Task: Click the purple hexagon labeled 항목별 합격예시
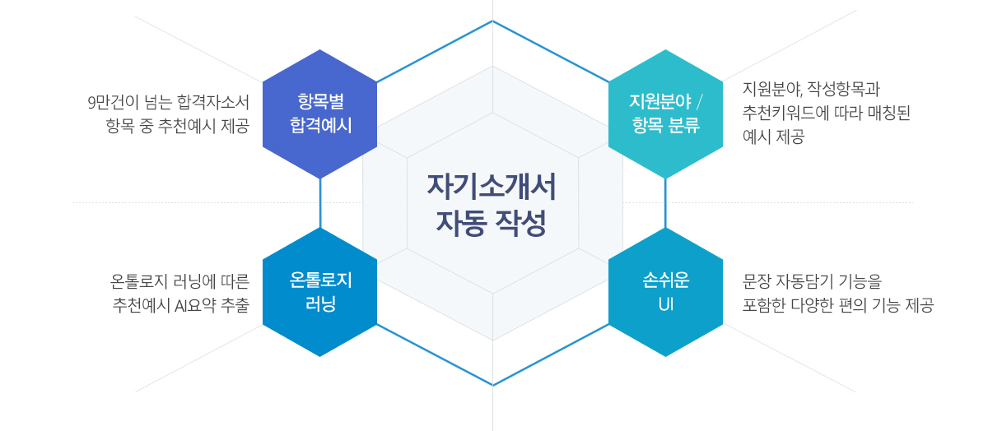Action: click(319, 114)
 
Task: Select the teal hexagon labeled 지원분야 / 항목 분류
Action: click(665, 114)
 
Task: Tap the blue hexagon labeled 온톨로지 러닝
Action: click(319, 292)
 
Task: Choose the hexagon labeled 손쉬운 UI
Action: click(665, 292)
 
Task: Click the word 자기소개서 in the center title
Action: click(492, 187)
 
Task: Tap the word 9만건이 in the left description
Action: click(113, 103)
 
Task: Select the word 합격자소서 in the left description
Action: click(213, 103)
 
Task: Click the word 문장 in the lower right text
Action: click(756, 281)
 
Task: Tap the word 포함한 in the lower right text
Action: click(762, 305)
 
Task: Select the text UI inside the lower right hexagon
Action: click(665, 304)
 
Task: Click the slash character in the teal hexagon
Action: click(699, 102)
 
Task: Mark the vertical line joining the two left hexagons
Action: click(320, 203)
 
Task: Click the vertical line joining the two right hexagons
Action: click(665, 203)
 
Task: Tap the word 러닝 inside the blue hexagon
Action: click(320, 304)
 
